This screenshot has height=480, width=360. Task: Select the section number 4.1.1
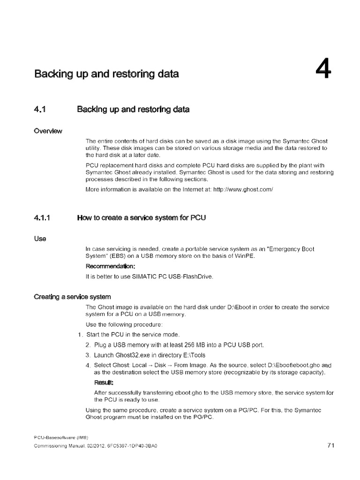[45, 218]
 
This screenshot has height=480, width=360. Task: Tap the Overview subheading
[49, 130]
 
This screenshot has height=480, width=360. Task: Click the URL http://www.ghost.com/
[240, 190]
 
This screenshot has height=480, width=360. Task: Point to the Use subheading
[40, 238]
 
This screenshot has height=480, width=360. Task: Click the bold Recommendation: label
[110, 266]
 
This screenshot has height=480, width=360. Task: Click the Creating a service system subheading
[72, 297]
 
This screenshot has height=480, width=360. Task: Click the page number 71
[330, 446]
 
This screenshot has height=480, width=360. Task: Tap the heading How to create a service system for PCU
[141, 218]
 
